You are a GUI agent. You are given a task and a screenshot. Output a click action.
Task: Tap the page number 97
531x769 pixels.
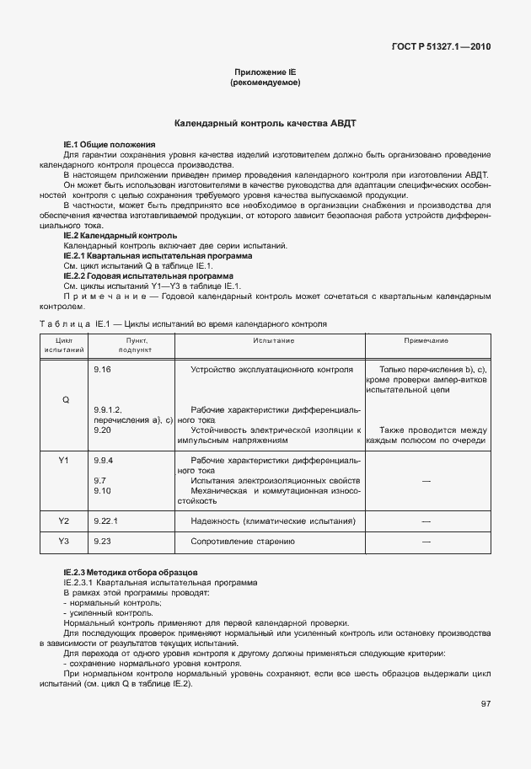(485, 704)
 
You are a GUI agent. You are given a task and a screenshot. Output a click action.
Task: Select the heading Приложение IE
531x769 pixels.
(265, 73)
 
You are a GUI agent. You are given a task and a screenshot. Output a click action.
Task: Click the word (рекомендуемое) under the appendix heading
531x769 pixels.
(265, 83)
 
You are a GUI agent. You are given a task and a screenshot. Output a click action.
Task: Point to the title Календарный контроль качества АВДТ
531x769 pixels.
(265, 123)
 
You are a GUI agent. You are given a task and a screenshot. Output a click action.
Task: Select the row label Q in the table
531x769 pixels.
(65, 398)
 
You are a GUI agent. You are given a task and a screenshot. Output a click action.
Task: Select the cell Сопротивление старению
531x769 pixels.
(243, 541)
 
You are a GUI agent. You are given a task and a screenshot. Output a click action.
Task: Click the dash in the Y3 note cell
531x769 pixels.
(426, 541)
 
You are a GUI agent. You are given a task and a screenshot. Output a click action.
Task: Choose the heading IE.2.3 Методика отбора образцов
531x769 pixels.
(131, 572)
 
